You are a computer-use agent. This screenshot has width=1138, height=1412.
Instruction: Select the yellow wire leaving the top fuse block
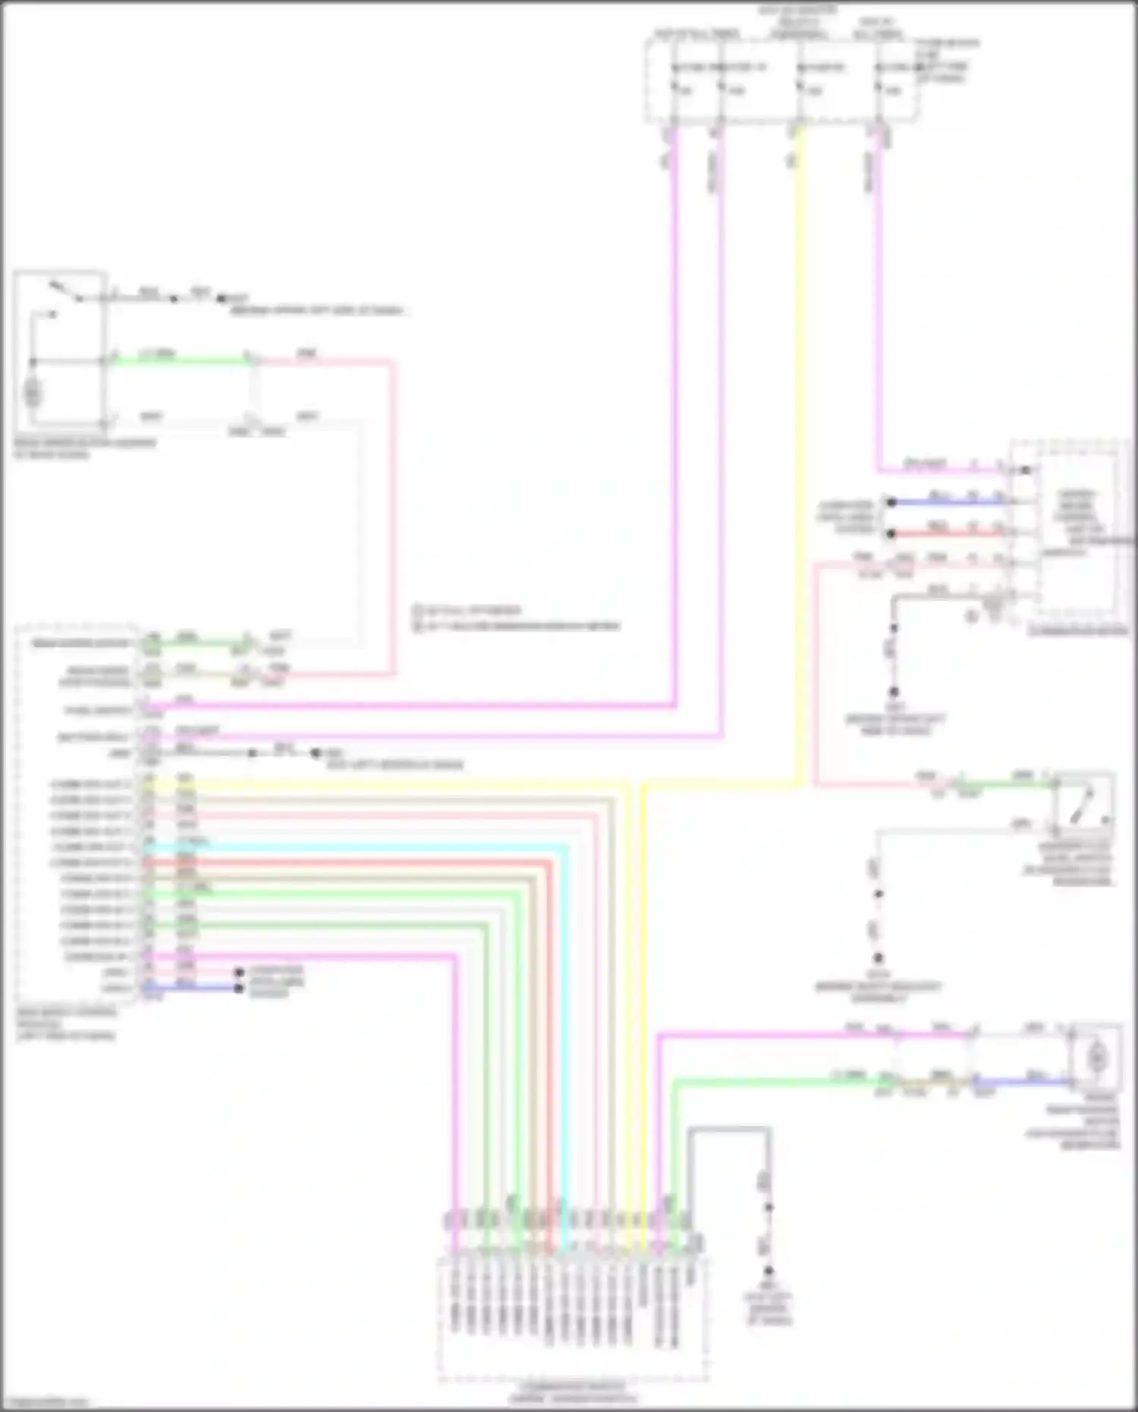click(x=800, y=455)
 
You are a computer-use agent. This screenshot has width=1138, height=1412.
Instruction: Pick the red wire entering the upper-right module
click(x=948, y=533)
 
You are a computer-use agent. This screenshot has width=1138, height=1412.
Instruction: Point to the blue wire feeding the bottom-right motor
click(x=1024, y=1082)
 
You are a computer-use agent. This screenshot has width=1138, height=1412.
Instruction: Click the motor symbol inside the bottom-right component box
click(x=1096, y=1056)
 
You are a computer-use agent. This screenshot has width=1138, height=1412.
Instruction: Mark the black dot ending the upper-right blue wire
click(x=892, y=502)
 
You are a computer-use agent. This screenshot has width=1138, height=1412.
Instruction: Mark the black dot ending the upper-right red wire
click(x=892, y=533)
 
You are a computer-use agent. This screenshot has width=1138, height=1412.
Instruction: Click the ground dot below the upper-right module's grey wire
click(x=894, y=691)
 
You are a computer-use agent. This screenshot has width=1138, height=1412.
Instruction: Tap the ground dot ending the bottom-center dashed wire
click(x=768, y=1270)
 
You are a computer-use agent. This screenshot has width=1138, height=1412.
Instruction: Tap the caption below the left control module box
click(x=67, y=1024)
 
